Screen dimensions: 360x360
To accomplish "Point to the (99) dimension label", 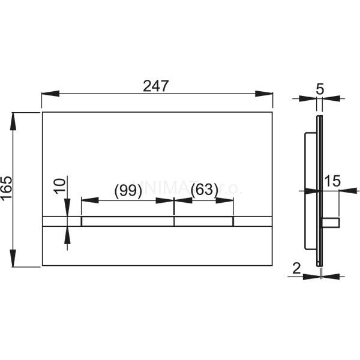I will [127, 190].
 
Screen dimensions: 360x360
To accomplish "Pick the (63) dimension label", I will [204, 190].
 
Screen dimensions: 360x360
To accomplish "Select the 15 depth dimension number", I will [332, 180].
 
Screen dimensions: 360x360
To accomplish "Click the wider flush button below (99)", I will [127, 221].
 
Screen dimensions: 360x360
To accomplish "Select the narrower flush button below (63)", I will [204, 221].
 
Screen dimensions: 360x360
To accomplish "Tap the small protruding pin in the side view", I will [332, 223].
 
